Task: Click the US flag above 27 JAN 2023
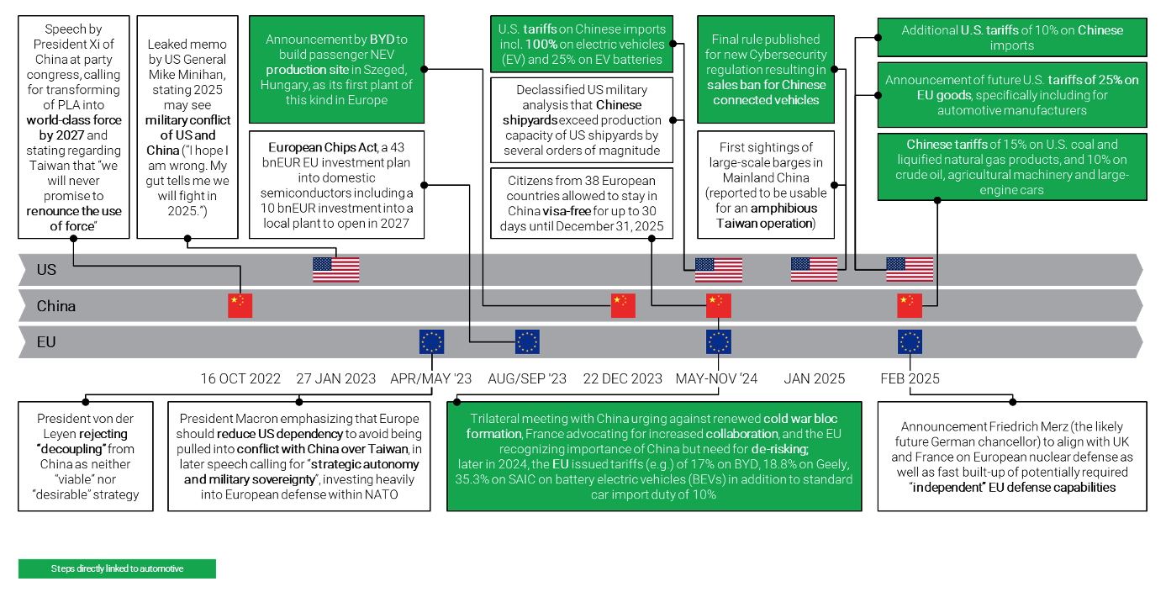click(335, 270)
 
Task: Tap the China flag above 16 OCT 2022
click(240, 305)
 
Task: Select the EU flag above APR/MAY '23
click(431, 342)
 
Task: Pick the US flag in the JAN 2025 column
click(814, 270)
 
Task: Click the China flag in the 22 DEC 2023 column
click(623, 305)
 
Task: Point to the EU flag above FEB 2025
click(910, 342)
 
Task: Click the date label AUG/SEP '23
click(527, 378)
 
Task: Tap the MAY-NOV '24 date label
click(717, 378)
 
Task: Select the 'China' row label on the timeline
click(55, 306)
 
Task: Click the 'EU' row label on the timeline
click(45, 342)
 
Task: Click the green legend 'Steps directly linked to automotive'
click(117, 568)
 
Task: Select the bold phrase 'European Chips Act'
click(322, 147)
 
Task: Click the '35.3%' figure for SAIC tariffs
click(472, 479)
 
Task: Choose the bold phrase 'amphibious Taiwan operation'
click(766, 216)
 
